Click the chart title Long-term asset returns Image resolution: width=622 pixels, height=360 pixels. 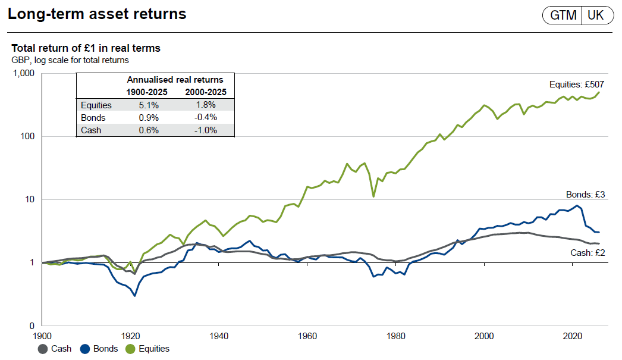point(97,14)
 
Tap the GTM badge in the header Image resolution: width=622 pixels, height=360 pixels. point(563,15)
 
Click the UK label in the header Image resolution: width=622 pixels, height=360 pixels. point(595,15)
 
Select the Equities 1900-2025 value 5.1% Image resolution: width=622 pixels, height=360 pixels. point(146,105)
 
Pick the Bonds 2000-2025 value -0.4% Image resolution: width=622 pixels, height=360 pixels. point(205,118)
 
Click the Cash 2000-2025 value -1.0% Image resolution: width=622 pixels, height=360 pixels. point(205,130)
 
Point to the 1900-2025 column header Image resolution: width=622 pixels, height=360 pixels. point(146,92)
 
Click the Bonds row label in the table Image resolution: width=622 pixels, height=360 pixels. point(93,118)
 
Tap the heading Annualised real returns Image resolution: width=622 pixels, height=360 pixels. point(175,79)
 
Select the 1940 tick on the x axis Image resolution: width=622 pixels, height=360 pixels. point(219,336)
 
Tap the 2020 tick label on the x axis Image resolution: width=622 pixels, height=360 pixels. point(572,336)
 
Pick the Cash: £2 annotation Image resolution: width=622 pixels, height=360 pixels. point(586,252)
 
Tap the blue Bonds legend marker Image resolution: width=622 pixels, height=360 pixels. point(85,349)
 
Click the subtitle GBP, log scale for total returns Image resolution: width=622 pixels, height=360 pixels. point(70,60)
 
